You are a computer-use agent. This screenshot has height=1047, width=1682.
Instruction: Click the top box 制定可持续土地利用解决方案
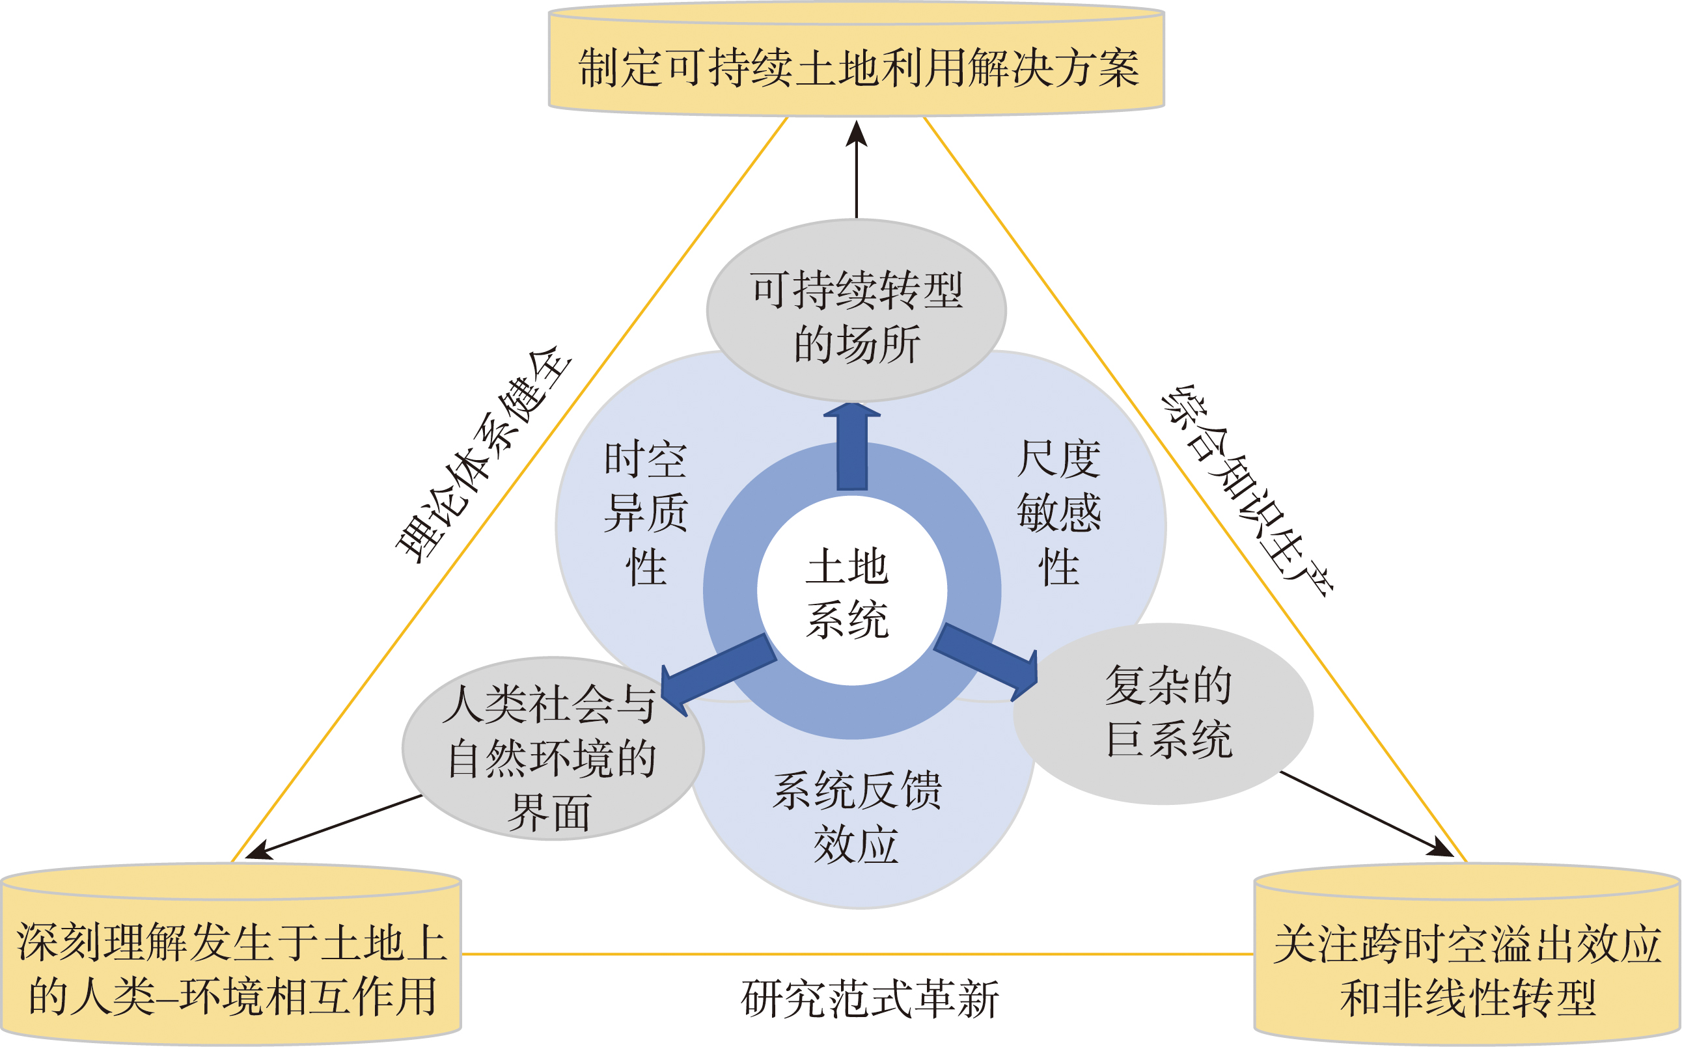(x=857, y=68)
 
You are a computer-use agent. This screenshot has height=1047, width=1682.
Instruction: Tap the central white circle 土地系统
(x=851, y=592)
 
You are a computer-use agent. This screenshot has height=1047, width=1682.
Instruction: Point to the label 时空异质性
(x=644, y=513)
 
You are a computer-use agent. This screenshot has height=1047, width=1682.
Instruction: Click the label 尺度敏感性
(x=1059, y=513)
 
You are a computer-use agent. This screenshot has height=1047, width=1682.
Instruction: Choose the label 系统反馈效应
(x=857, y=817)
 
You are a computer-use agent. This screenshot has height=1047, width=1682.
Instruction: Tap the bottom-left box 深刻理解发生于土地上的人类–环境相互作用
(x=231, y=970)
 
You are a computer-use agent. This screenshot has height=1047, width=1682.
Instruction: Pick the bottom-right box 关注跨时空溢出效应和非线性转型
(x=1467, y=970)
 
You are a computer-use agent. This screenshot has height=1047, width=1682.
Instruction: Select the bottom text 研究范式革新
(x=870, y=999)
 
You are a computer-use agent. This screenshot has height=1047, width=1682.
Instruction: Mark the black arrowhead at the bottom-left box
(x=260, y=850)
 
